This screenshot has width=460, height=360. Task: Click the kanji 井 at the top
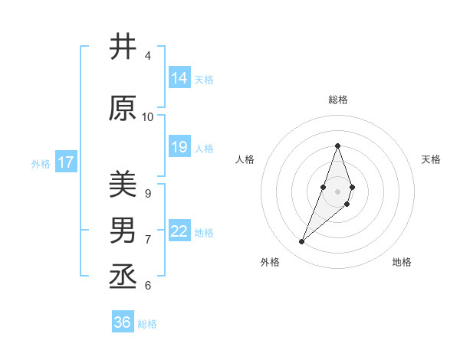tap(123, 47)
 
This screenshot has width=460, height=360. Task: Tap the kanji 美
tap(123, 185)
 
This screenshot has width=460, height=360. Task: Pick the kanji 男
tap(123, 231)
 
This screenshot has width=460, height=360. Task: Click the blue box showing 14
tap(179, 78)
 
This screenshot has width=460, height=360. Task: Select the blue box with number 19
tap(179, 147)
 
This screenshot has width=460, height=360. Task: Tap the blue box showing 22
tap(179, 231)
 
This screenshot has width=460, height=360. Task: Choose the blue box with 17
tap(66, 162)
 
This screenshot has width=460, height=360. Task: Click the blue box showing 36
tap(123, 322)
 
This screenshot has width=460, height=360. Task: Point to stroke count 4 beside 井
tap(148, 56)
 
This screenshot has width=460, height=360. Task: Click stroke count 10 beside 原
tap(148, 117)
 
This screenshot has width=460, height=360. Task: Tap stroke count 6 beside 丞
tap(148, 286)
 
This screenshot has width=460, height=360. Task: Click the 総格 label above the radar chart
tap(338, 100)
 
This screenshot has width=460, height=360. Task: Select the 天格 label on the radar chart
tap(432, 159)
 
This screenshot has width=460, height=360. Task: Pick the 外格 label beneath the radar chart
tap(270, 262)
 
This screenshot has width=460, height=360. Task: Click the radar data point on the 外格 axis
tap(301, 242)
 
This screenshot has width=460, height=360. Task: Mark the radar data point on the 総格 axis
tap(338, 146)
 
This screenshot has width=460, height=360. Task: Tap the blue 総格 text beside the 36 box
tap(147, 324)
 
